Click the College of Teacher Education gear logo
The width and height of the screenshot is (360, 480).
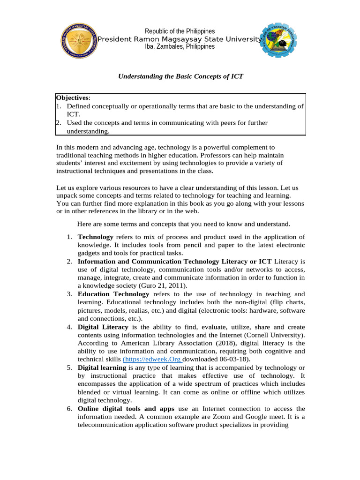[278, 40]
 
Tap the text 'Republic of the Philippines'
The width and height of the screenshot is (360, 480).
[180, 31]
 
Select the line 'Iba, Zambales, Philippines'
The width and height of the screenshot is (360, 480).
[180, 46]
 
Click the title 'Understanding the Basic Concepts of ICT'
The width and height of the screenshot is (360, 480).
[180, 76]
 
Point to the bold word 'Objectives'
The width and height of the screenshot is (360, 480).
[72, 98]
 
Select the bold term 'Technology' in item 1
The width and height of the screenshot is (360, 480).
[95, 237]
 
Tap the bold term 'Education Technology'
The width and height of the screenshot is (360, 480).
[113, 294]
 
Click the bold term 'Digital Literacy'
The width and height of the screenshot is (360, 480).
[103, 327]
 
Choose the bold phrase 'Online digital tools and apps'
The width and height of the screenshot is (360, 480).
[126, 409]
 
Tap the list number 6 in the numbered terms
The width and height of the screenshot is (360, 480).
[69, 409]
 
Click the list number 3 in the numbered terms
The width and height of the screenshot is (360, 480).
[69, 294]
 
